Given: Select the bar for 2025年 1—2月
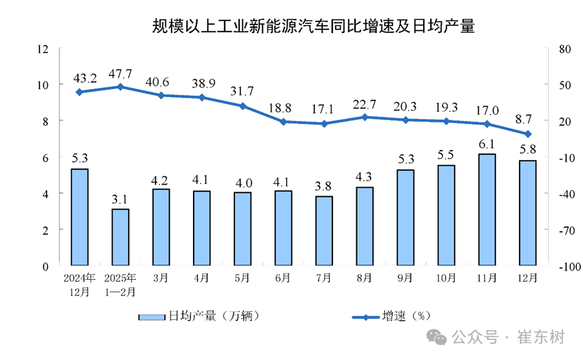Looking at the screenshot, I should [120, 237].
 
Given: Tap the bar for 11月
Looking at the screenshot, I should [486, 210].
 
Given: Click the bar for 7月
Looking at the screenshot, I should [324, 231].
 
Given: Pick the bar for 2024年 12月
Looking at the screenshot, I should [79, 217].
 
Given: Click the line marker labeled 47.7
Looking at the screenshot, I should [120, 86].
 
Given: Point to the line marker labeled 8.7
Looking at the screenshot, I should [527, 134].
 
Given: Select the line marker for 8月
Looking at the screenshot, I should [365, 117].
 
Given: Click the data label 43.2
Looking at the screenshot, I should [85, 79].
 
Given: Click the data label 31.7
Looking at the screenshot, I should [242, 91].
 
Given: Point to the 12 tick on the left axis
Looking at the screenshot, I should [43, 49].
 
